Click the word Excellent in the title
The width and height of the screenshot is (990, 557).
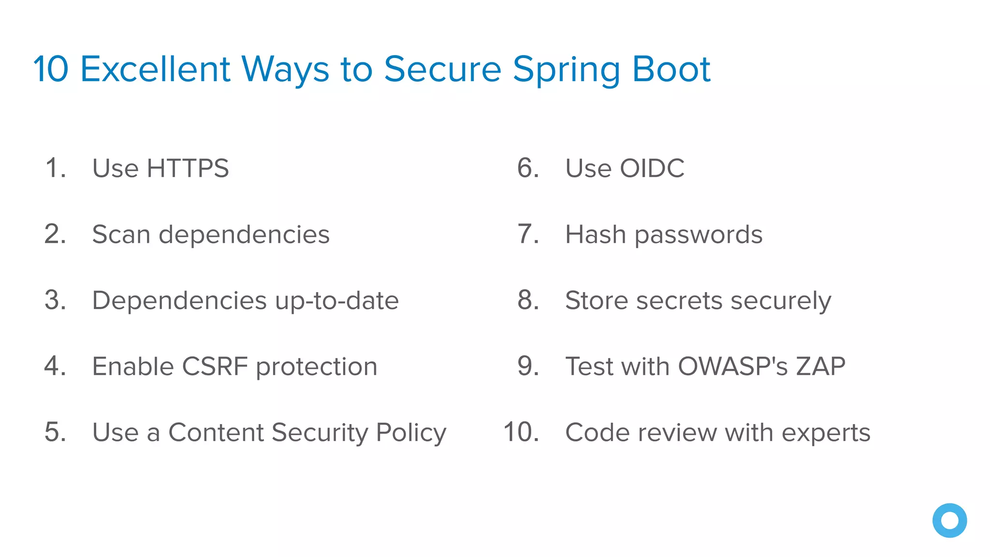[x=155, y=69]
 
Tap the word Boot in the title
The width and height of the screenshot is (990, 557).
[x=671, y=69]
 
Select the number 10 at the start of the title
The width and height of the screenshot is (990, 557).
[x=51, y=69]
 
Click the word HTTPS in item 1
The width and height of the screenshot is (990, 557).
[x=188, y=168]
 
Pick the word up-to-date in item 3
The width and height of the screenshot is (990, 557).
[x=337, y=301]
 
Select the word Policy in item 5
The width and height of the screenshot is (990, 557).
[x=411, y=433]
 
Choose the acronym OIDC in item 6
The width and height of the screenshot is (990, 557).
[x=652, y=168]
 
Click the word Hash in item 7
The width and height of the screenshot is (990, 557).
[x=595, y=235]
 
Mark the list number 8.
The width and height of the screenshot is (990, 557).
[x=528, y=300]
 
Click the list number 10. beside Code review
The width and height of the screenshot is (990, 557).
[x=521, y=432]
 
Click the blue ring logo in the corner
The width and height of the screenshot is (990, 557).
[x=949, y=520]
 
